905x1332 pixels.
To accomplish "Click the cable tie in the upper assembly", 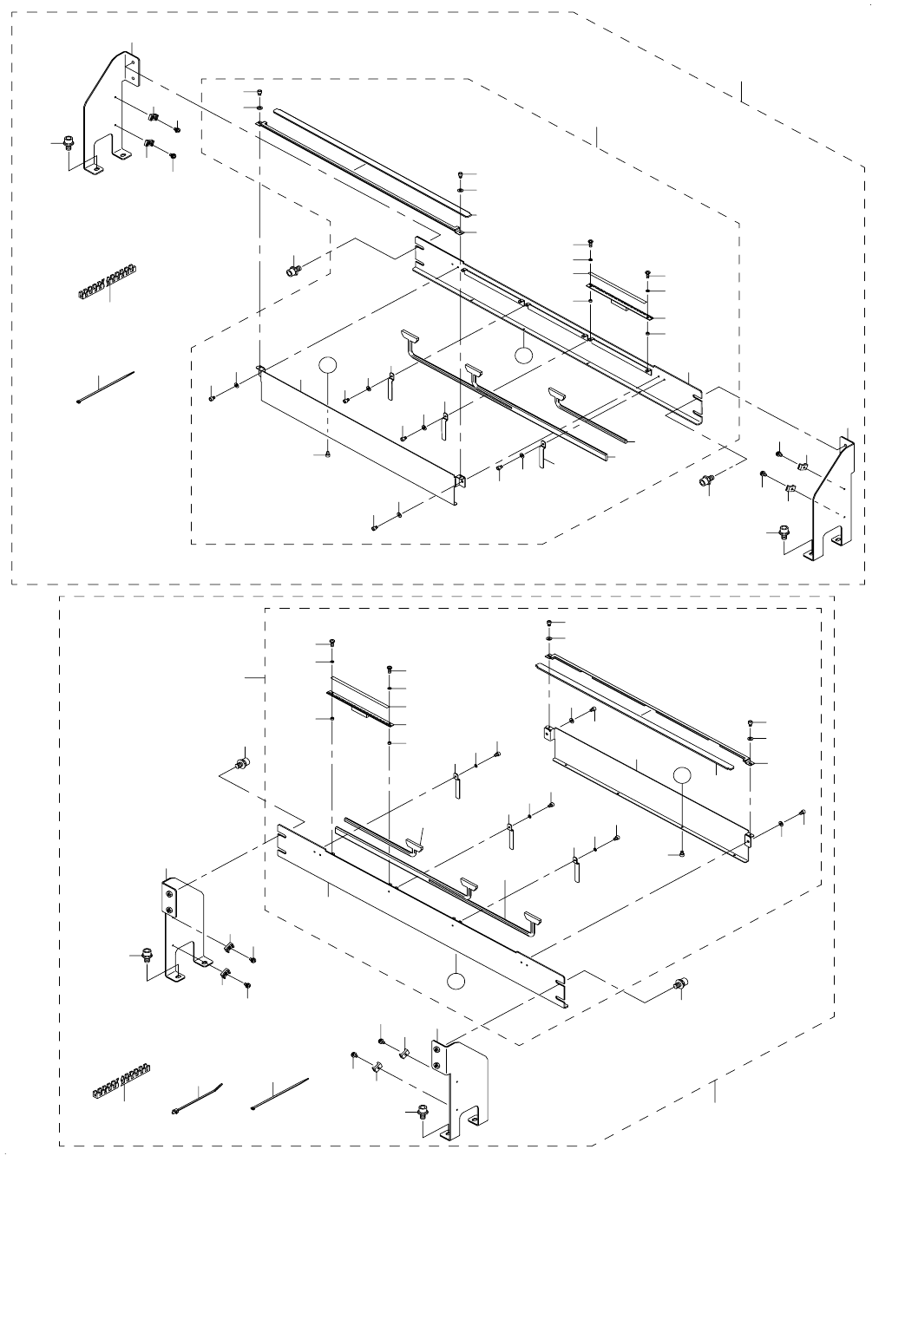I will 105,387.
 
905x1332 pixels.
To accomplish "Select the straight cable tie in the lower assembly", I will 279,1094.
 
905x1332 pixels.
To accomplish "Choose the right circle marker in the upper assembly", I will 522,354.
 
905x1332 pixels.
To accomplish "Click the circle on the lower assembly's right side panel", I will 683,777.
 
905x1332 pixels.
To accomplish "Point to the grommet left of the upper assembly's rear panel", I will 292,271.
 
